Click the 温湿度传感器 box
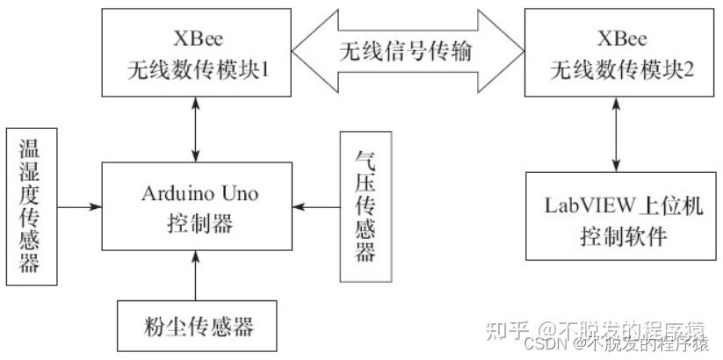click(x=31, y=207)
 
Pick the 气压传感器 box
click(x=365, y=207)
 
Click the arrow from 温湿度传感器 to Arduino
click(x=80, y=206)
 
